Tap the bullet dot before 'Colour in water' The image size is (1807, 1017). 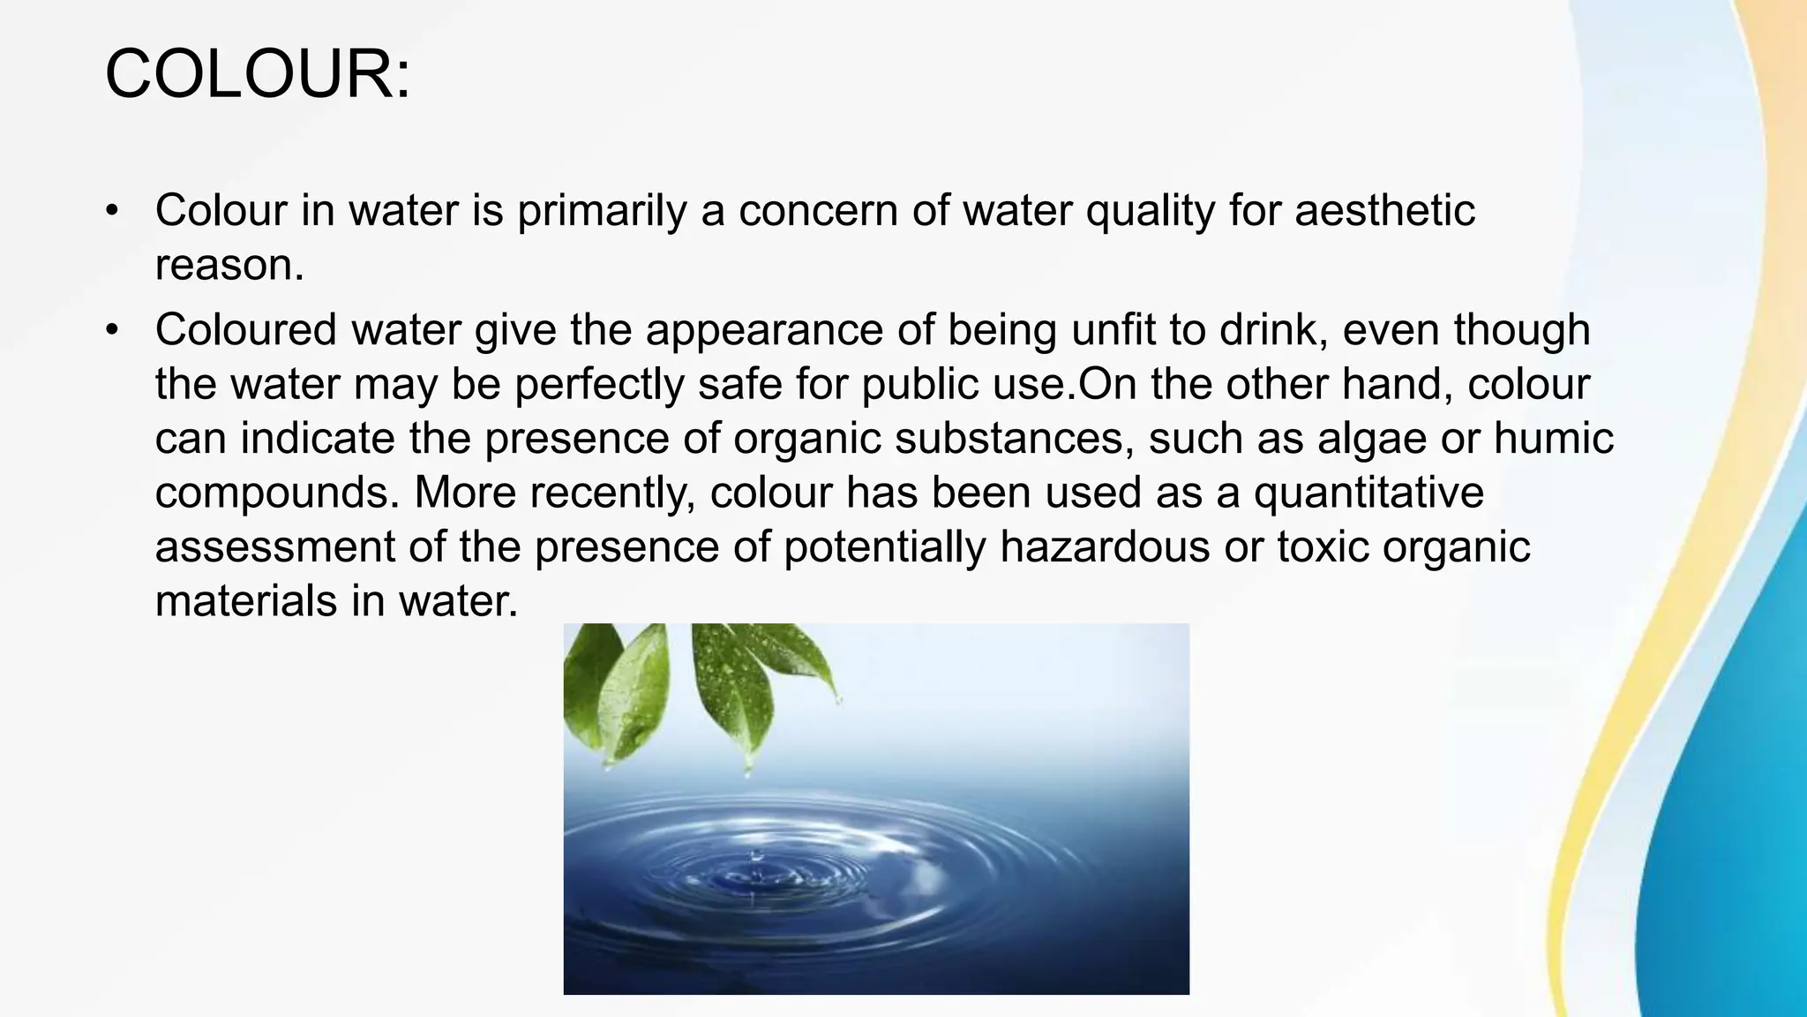pyautogui.click(x=111, y=211)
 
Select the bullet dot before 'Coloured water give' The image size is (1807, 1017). pyautogui.click(x=111, y=330)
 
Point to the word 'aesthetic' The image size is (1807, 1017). pyautogui.click(x=1384, y=211)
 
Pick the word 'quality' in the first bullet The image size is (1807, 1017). pyautogui.click(x=1150, y=211)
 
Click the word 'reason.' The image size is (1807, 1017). pyautogui.click(x=229, y=265)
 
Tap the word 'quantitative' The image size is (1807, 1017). pyautogui.click(x=1368, y=493)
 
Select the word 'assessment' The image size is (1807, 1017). pyautogui.click(x=274, y=547)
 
